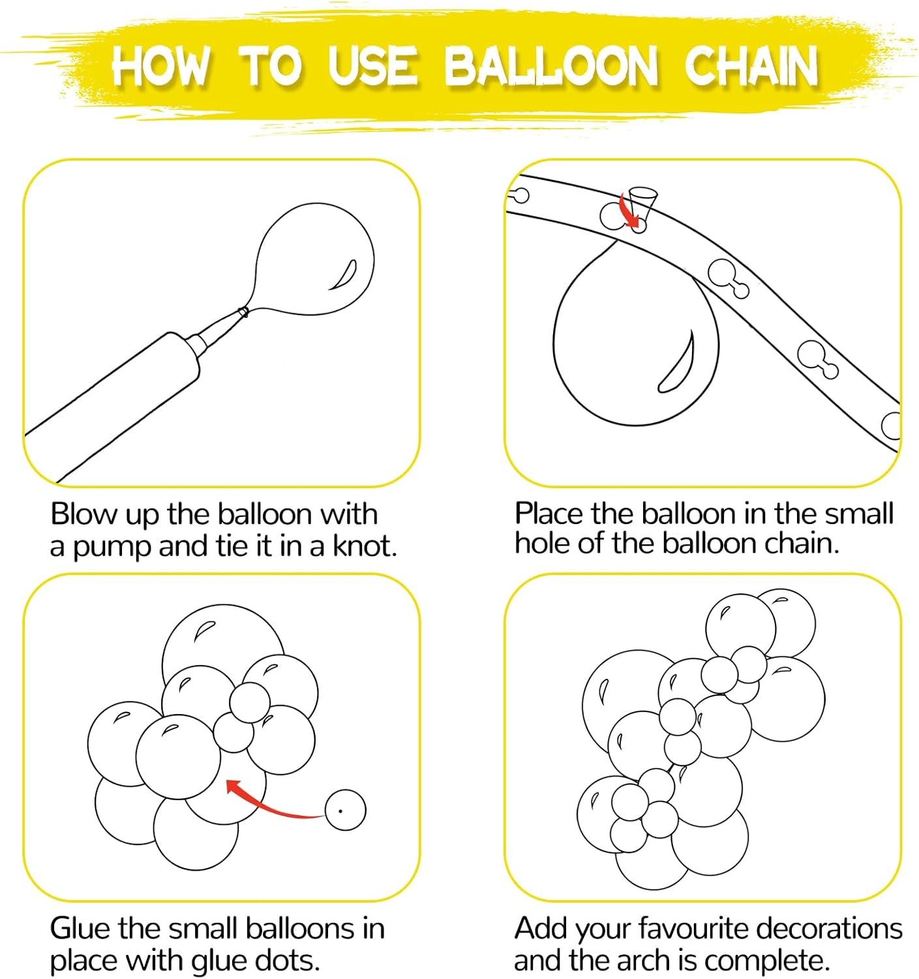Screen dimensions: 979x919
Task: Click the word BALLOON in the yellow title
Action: (x=551, y=66)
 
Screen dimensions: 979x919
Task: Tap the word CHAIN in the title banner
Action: (x=751, y=66)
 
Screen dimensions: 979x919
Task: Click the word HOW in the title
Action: (x=160, y=66)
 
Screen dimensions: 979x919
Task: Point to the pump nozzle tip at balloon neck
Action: (x=243, y=312)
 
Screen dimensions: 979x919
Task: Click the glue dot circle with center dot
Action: (x=345, y=810)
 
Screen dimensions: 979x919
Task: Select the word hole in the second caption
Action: (x=542, y=543)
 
